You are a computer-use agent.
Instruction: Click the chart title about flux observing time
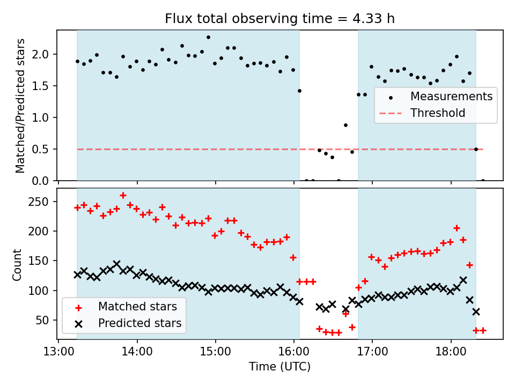[279, 19]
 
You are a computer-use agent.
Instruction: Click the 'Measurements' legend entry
[451, 96]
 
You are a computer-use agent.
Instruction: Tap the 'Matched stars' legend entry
[137, 307]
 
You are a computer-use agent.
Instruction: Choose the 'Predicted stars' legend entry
[139, 323]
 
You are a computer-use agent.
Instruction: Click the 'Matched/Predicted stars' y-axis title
[20, 106]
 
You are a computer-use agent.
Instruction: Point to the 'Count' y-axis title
[17, 264]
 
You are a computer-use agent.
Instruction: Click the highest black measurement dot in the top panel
[208, 38]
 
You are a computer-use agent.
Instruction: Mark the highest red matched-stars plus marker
[123, 196]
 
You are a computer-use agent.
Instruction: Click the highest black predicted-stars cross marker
[116, 264]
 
